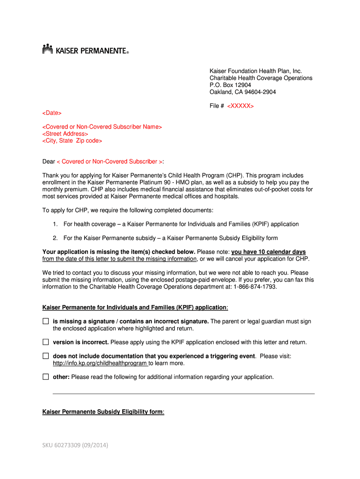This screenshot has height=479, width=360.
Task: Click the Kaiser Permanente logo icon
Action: tap(47, 49)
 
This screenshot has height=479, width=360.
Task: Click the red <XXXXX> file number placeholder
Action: tap(240, 106)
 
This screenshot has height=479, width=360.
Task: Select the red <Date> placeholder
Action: tap(52, 113)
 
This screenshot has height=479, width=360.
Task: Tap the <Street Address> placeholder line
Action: tap(65, 134)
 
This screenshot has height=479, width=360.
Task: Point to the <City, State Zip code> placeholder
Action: tap(72, 141)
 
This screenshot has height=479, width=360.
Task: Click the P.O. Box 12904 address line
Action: tap(230, 85)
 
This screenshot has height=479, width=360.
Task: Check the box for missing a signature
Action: tap(46, 321)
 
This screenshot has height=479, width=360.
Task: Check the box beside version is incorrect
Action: tap(46, 342)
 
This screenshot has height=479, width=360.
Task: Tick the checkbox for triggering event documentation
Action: tap(46, 356)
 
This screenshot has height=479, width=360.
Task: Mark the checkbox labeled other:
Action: tap(46, 377)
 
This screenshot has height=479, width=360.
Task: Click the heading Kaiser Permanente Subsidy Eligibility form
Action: tap(102, 412)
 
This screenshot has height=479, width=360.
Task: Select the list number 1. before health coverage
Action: tap(55, 224)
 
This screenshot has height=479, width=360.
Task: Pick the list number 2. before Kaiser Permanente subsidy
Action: tap(55, 238)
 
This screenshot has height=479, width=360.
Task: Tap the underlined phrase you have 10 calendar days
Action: tap(268, 252)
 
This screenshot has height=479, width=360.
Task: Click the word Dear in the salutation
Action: tap(49, 161)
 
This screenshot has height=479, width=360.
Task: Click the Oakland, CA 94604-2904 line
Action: tap(243, 92)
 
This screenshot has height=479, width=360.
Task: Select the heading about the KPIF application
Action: tap(135, 307)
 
